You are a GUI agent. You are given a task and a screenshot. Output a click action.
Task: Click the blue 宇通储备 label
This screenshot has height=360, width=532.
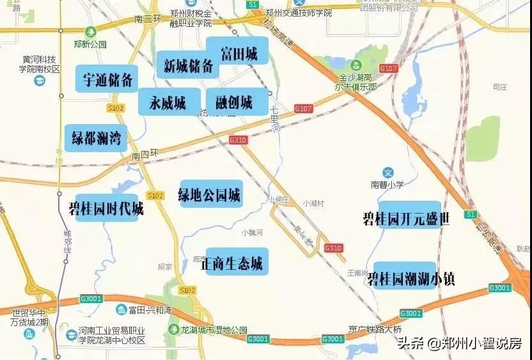pos(107,79)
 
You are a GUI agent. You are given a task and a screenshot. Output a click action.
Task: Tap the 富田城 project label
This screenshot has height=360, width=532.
pos(238,54)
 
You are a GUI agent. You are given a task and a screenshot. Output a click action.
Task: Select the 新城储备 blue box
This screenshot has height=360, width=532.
pos(188,67)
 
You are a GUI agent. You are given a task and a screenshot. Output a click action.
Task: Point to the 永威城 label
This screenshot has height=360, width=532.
pos(168,102)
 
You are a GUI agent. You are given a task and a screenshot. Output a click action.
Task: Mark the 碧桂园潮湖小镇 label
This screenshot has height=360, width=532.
pos(409,277)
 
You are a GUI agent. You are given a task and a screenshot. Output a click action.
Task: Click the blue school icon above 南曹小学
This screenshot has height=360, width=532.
pos(387,172)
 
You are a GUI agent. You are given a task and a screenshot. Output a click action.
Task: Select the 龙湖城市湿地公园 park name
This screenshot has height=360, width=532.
pos(214,330)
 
